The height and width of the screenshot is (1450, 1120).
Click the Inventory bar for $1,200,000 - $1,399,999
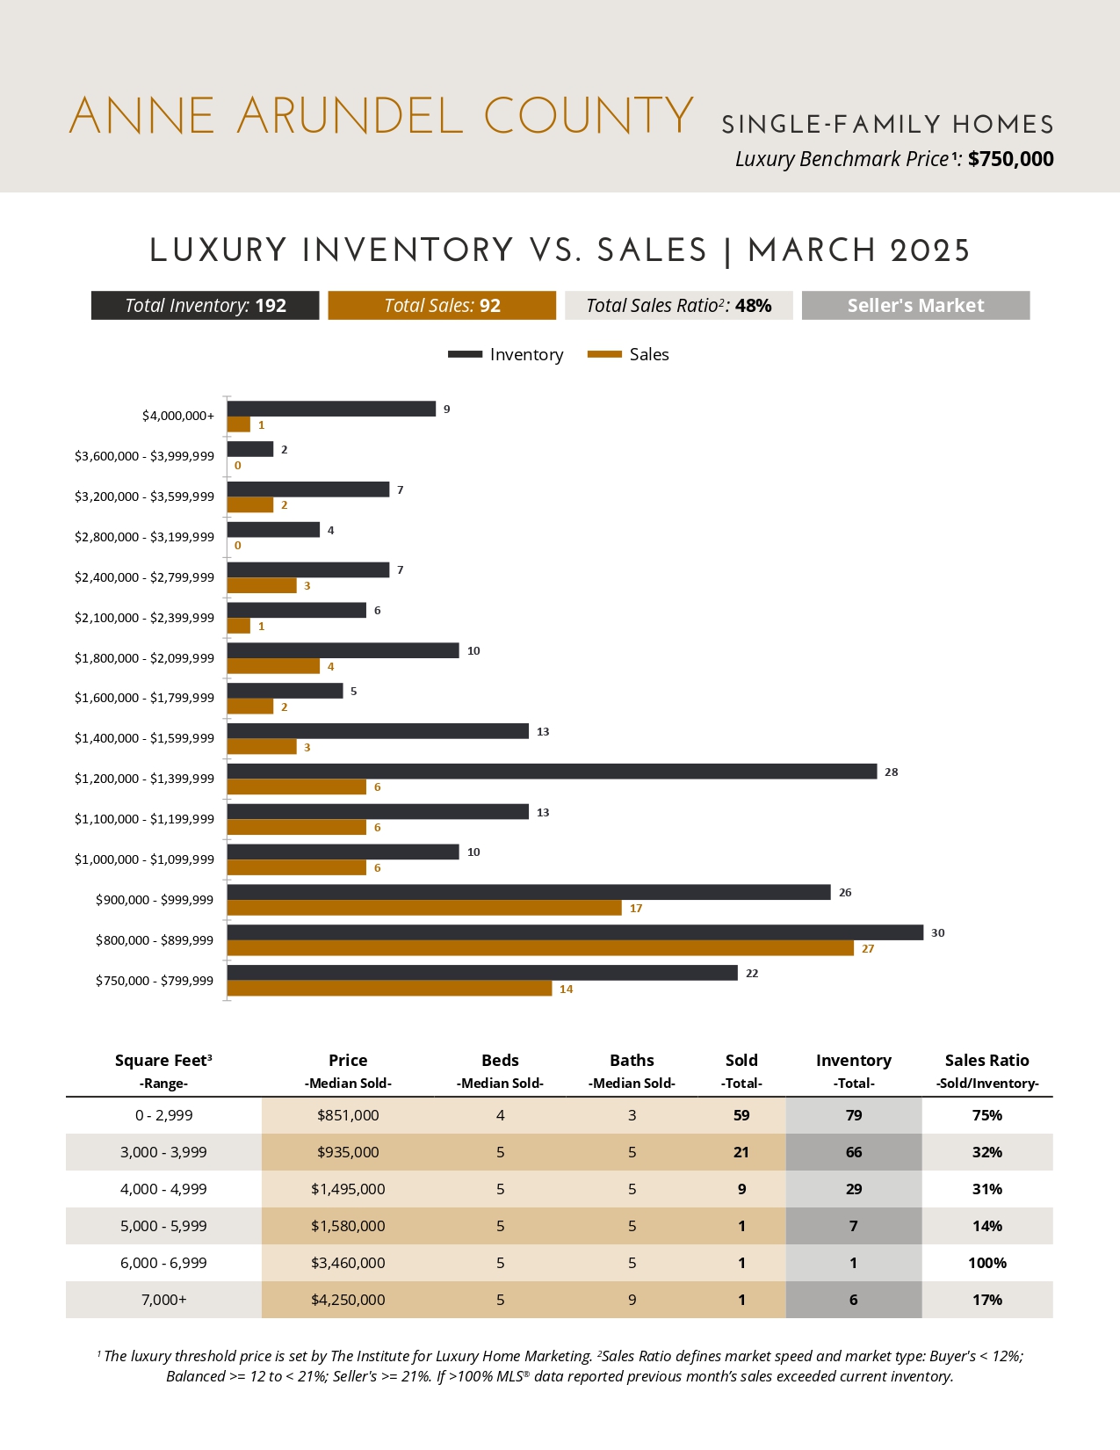pyautogui.click(x=552, y=772)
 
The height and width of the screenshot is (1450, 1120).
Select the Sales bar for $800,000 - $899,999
pyautogui.click(x=540, y=948)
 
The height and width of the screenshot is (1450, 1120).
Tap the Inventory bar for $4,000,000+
pyautogui.click(x=331, y=409)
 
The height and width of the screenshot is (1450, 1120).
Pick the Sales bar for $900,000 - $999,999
pyautogui.click(x=424, y=908)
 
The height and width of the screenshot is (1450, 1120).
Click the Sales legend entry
pyautogui.click(x=628, y=354)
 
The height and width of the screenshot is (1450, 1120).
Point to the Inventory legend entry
pyautogui.click(x=506, y=354)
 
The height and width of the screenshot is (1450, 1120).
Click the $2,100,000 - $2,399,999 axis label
pyautogui.click(x=144, y=618)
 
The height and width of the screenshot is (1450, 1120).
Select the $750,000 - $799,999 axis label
pyautogui.click(x=155, y=981)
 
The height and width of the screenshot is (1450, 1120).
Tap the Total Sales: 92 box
pyautogui.click(x=442, y=306)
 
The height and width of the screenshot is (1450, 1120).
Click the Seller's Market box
pyautogui.click(x=915, y=306)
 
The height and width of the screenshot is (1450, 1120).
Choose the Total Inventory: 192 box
pyautogui.click(x=205, y=306)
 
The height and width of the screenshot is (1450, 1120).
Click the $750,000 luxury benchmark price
pyautogui.click(x=1010, y=159)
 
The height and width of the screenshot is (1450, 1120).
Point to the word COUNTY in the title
pyautogui.click(x=589, y=117)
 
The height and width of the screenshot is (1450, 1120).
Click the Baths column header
pyautogui.click(x=632, y=1061)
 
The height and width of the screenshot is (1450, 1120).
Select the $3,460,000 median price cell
pyautogui.click(x=348, y=1263)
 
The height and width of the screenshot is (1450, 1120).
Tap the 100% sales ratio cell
pyautogui.click(x=986, y=1263)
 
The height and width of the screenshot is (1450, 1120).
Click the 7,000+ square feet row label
pyautogui.click(x=163, y=1300)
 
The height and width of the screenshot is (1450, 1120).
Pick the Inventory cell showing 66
pyautogui.click(x=853, y=1152)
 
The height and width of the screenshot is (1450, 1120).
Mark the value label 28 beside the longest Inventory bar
pyautogui.click(x=891, y=772)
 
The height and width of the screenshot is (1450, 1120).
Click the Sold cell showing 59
pyautogui.click(x=741, y=1115)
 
